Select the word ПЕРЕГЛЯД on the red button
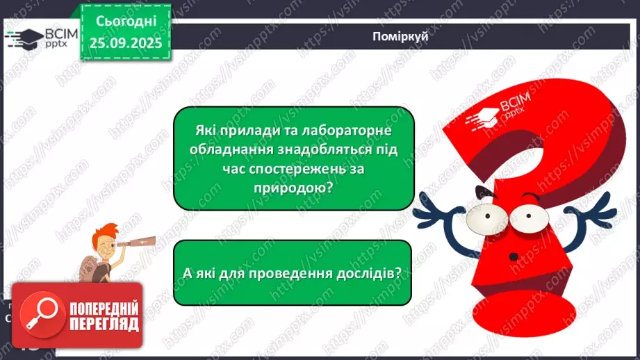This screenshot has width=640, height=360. pyautogui.click(x=103, y=323)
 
